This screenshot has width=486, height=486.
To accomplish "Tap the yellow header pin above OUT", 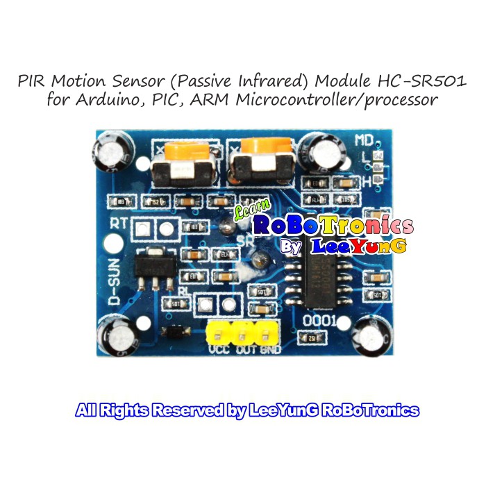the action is coord(242,333).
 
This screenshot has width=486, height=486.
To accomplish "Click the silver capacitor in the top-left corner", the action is coord(111,153).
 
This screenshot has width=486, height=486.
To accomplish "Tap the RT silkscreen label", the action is coord(119,224).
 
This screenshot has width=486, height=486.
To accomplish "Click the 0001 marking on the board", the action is coord(321,321).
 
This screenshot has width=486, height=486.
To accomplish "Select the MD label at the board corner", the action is coord(365,140).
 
